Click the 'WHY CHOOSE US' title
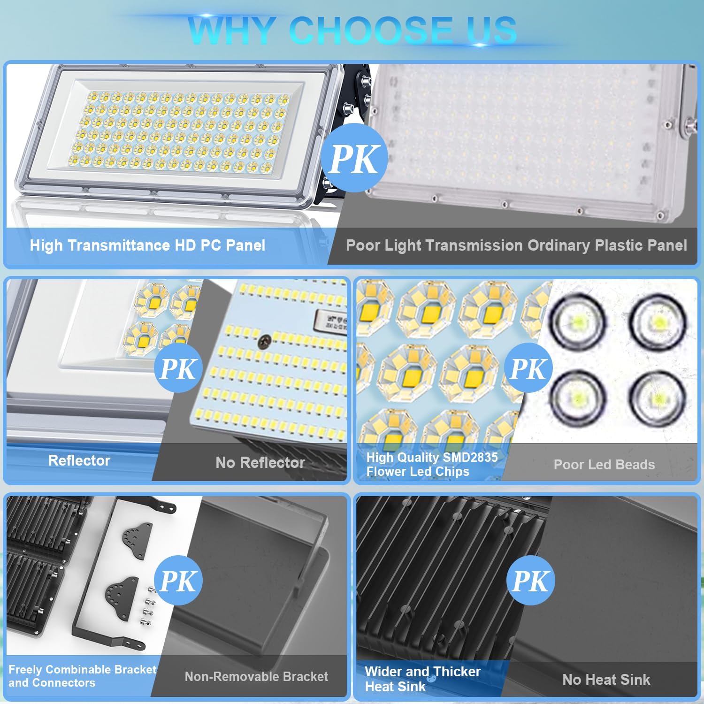tap(352, 30)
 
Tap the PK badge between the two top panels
tap(354, 159)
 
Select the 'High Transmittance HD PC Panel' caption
tap(147, 245)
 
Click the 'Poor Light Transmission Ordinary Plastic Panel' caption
tap(516, 245)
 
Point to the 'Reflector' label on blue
tap(79, 460)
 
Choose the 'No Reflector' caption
tap(260, 463)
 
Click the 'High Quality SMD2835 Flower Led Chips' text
tap(432, 464)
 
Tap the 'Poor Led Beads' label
tap(604, 465)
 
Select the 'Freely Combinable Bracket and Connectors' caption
tap(82, 676)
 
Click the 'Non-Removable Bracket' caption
tap(256, 676)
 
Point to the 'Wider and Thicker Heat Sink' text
tap(422, 679)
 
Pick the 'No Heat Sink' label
tap(606, 679)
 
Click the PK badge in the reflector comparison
tap(178, 368)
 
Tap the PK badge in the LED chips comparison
tap(529, 368)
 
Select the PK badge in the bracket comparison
tap(178, 581)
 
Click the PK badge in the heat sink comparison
tap(530, 581)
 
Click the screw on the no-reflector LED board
tap(266, 339)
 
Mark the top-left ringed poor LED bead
tap(578, 321)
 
